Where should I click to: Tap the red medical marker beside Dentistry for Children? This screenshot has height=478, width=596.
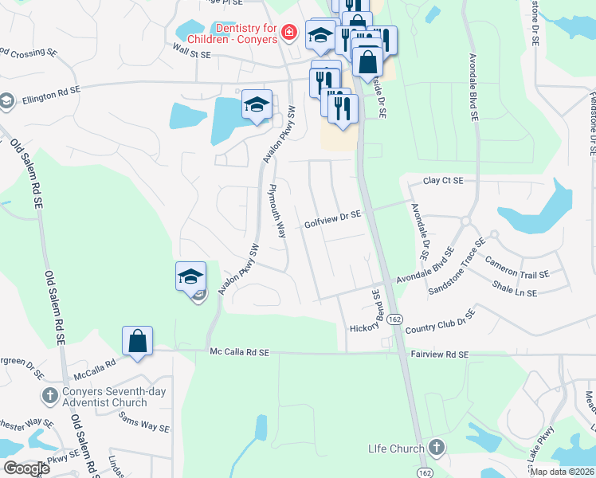click(289, 33)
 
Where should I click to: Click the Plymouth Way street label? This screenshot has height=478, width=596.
click(276, 212)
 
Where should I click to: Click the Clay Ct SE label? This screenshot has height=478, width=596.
click(443, 181)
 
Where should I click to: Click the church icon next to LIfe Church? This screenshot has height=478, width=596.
click(435, 447)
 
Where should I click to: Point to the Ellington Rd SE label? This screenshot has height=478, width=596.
click(51, 94)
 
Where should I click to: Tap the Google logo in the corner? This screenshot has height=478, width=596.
click(26, 468)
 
